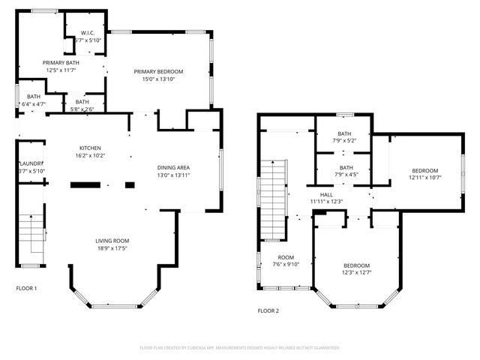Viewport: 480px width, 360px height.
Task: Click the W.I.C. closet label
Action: (x=86, y=33)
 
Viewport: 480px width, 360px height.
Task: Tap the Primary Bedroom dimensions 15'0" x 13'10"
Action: (x=158, y=79)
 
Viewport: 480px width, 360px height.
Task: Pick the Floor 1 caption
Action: (x=26, y=288)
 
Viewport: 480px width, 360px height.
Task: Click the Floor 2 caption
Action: (x=268, y=310)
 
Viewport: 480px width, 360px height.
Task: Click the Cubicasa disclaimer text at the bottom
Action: (x=240, y=347)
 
